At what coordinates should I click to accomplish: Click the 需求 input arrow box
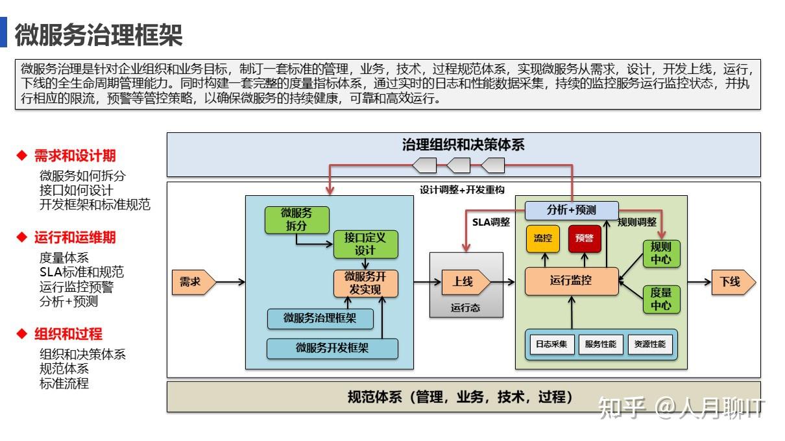coord(191,282)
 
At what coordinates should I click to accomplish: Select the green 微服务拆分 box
coord(296,219)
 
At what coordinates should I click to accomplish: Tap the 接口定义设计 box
coord(365,244)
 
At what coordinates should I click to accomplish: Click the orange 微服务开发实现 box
coord(365,283)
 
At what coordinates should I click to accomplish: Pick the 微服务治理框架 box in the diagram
coord(320,318)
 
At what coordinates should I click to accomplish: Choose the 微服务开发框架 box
coord(332,348)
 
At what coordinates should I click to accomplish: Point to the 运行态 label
coord(466,308)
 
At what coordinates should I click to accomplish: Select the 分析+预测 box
coord(571,210)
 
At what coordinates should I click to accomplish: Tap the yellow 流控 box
coord(542,238)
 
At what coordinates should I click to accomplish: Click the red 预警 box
coord(585,238)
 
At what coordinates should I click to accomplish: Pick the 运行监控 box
coord(571,281)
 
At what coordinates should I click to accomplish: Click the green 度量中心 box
coord(661,299)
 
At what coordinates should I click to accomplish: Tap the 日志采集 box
coord(551,344)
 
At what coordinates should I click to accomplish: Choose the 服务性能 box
coord(600,344)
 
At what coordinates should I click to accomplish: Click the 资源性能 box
coord(649,344)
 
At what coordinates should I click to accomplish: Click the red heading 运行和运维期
coord(75,237)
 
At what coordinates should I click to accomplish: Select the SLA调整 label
coord(490,222)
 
